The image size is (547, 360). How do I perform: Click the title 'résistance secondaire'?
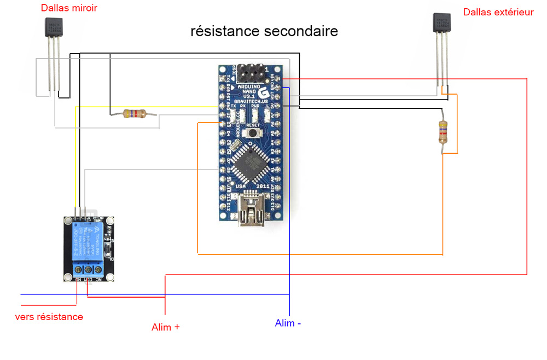click(x=264, y=31)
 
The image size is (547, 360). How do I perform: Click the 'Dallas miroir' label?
click(x=69, y=9)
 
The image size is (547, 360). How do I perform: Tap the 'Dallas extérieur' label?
click(x=498, y=12)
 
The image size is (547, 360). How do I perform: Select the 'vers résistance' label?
click(x=49, y=317)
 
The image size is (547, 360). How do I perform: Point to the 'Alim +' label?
click(x=166, y=327)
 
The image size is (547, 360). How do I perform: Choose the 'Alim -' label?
click(x=288, y=323)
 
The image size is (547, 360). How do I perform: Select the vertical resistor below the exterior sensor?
click(x=443, y=132)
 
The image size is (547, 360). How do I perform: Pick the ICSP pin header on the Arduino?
click(x=251, y=71)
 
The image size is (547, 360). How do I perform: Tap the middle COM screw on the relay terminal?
click(x=88, y=270)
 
